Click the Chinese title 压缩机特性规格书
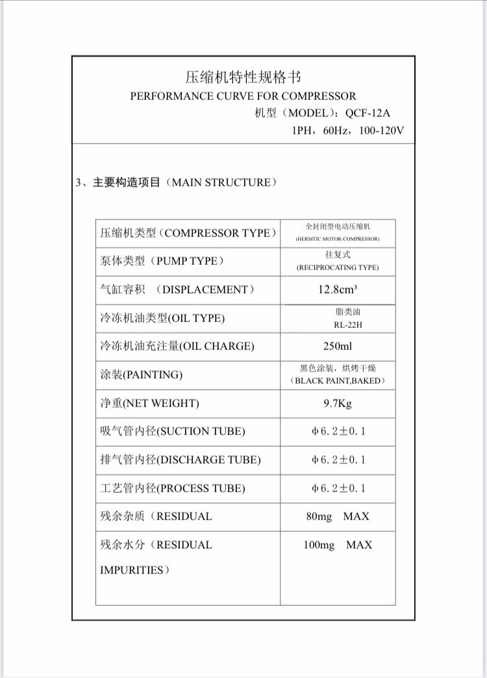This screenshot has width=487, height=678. tap(243, 77)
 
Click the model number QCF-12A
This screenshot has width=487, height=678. tap(368, 113)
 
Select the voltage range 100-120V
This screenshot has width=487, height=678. tap(381, 130)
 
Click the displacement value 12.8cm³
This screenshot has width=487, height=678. tap(338, 290)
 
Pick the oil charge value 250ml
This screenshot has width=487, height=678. tap(338, 346)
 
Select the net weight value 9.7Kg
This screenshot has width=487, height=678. tap(338, 403)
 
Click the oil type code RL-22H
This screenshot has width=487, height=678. tap(338, 325)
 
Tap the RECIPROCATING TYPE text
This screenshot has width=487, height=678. tap(338, 268)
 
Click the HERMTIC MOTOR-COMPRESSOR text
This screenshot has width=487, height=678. tap(338, 239)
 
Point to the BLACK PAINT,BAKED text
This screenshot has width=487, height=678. tap(338, 381)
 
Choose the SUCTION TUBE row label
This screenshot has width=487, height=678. tap(173, 431)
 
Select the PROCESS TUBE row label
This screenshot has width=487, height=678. tap(173, 488)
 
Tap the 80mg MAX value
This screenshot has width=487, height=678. tap(338, 516)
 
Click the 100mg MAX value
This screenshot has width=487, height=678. tap(338, 545)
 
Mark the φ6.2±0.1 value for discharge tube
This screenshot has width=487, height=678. tap(338, 460)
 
